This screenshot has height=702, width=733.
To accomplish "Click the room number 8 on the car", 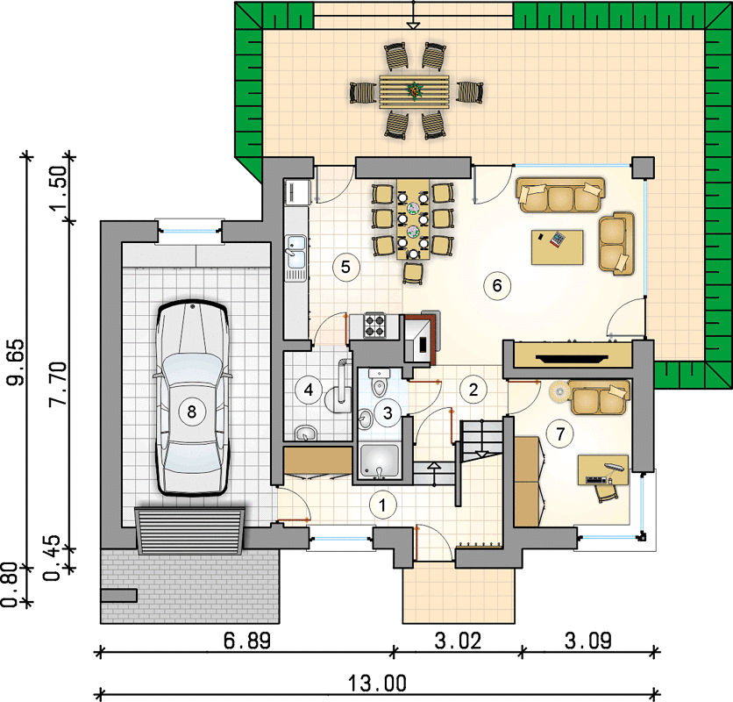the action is (192, 412).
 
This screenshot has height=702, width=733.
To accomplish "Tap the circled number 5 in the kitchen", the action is (345, 268).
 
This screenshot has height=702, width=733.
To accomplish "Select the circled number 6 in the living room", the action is (497, 285).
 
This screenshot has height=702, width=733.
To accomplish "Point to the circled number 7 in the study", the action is (560, 433).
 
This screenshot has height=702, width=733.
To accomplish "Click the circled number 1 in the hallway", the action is (382, 505).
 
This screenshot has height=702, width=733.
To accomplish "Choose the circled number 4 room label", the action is (309, 390).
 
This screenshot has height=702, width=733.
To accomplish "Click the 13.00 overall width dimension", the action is (377, 684).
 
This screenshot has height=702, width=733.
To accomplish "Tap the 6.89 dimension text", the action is (247, 641).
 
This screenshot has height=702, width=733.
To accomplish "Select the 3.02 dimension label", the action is (458, 641).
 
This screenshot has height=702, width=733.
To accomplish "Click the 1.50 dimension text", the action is (59, 189).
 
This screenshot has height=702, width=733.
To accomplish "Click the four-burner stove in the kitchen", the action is (375, 326).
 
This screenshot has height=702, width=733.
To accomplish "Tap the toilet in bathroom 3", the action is (379, 383).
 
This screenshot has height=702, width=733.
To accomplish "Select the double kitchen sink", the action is (295, 253).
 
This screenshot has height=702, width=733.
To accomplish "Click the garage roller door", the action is (189, 531).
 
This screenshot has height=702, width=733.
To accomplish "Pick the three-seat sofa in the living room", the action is (560, 195).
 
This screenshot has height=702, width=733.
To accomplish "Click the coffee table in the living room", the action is (558, 247).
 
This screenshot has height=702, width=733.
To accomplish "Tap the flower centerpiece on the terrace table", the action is (414, 90).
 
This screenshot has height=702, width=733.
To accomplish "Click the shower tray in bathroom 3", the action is (379, 462).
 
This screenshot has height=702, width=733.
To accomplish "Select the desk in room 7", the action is (603, 469).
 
